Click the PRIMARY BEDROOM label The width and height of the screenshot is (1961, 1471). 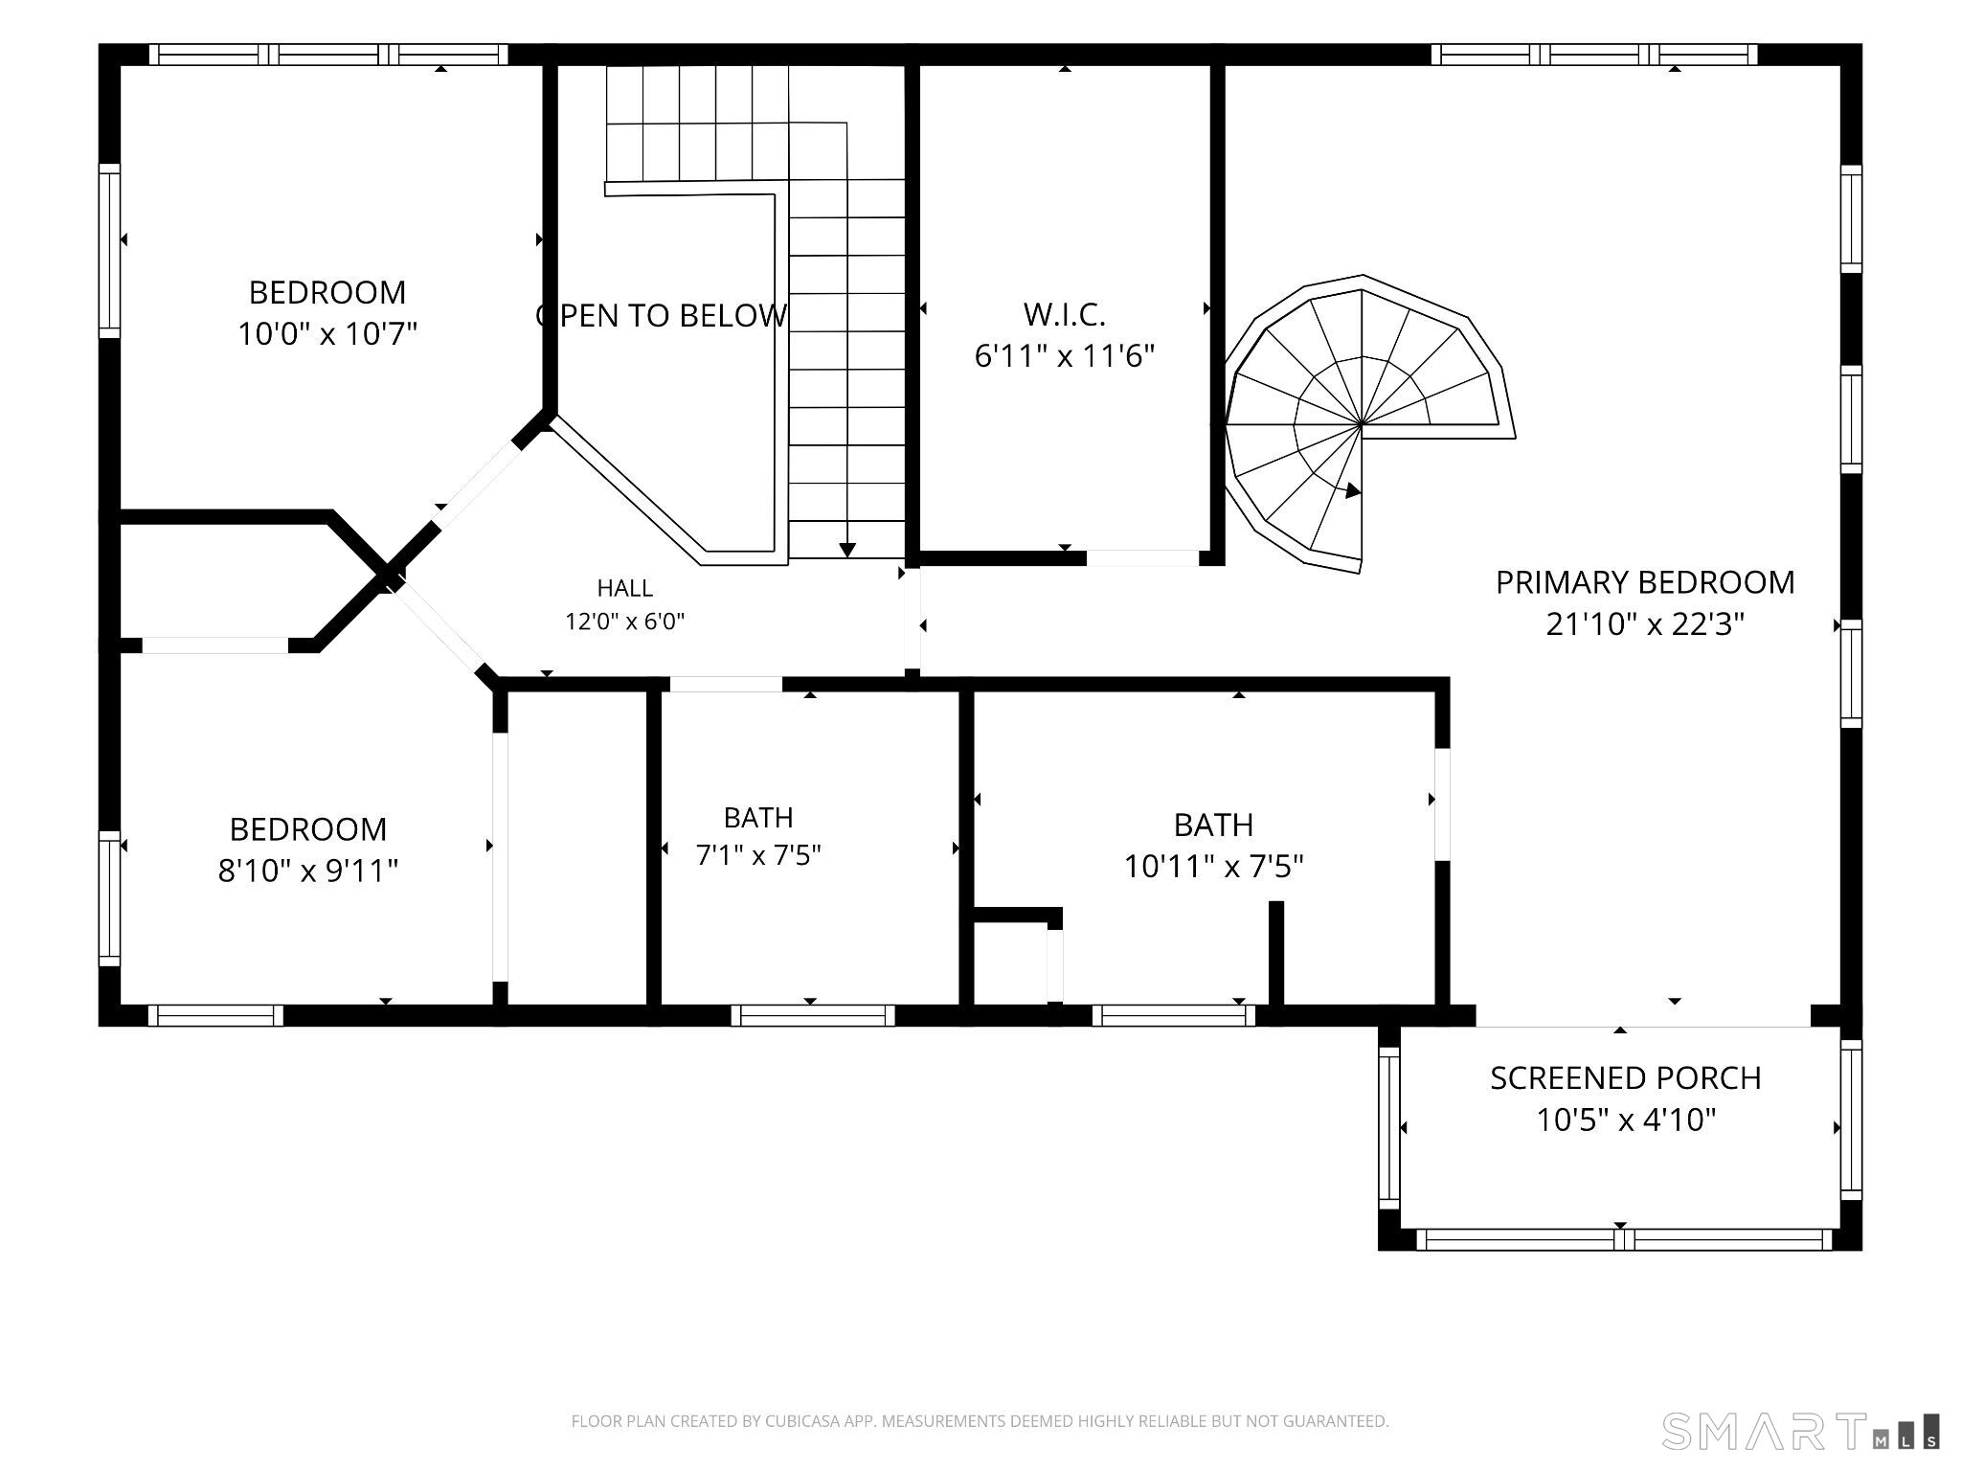(1645, 582)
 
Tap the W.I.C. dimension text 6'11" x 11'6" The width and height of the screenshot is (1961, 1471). (1065, 356)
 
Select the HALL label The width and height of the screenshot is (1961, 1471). (625, 588)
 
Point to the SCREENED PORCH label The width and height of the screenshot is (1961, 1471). (1626, 1078)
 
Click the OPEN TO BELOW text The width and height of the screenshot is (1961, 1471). (662, 315)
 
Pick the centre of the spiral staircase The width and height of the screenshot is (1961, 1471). (1362, 422)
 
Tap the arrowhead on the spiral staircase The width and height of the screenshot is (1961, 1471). (1353, 491)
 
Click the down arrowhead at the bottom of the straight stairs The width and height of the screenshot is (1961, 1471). (847, 550)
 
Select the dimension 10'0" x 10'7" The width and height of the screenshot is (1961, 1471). (327, 334)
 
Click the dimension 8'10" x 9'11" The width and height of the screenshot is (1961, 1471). (308, 871)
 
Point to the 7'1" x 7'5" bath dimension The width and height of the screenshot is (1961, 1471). (758, 854)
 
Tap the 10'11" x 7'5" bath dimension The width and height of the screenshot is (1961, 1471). (1213, 867)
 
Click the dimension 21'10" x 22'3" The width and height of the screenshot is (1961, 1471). (1645, 624)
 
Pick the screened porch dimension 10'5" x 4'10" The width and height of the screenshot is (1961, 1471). (1626, 1120)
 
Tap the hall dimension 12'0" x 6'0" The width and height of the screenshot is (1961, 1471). (625, 622)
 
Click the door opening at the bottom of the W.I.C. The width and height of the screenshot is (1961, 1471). (1142, 557)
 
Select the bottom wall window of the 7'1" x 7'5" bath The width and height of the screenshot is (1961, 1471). (813, 1015)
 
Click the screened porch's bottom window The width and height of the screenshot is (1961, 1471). (1624, 1239)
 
